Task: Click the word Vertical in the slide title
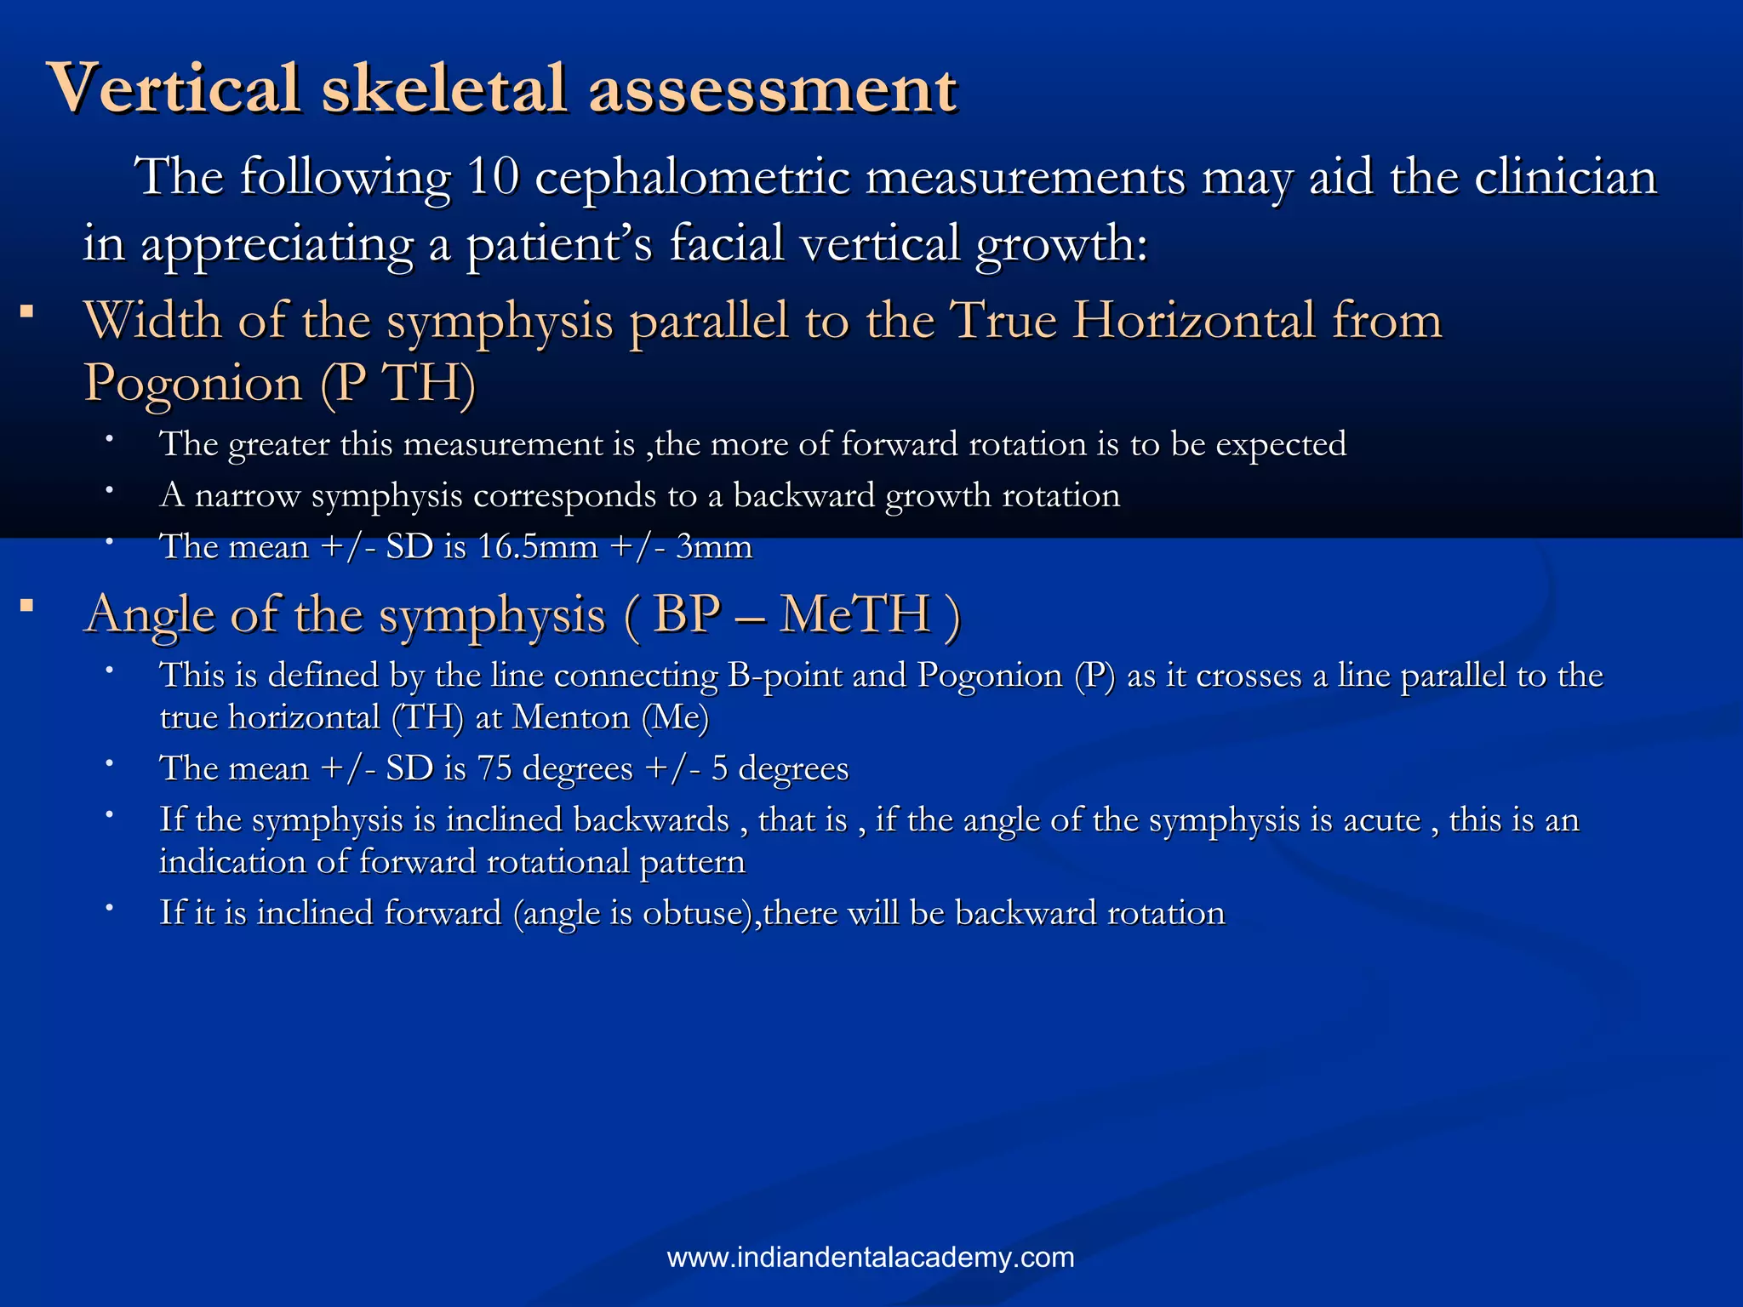tap(175, 88)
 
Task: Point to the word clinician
tap(1565, 178)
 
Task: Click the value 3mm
tap(714, 546)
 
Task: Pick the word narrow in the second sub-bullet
tap(248, 495)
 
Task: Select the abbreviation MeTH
tap(855, 614)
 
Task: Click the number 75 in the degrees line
tap(494, 768)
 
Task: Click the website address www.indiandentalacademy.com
tap(871, 1258)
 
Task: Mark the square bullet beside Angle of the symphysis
tap(28, 606)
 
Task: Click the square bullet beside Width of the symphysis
tap(28, 312)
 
